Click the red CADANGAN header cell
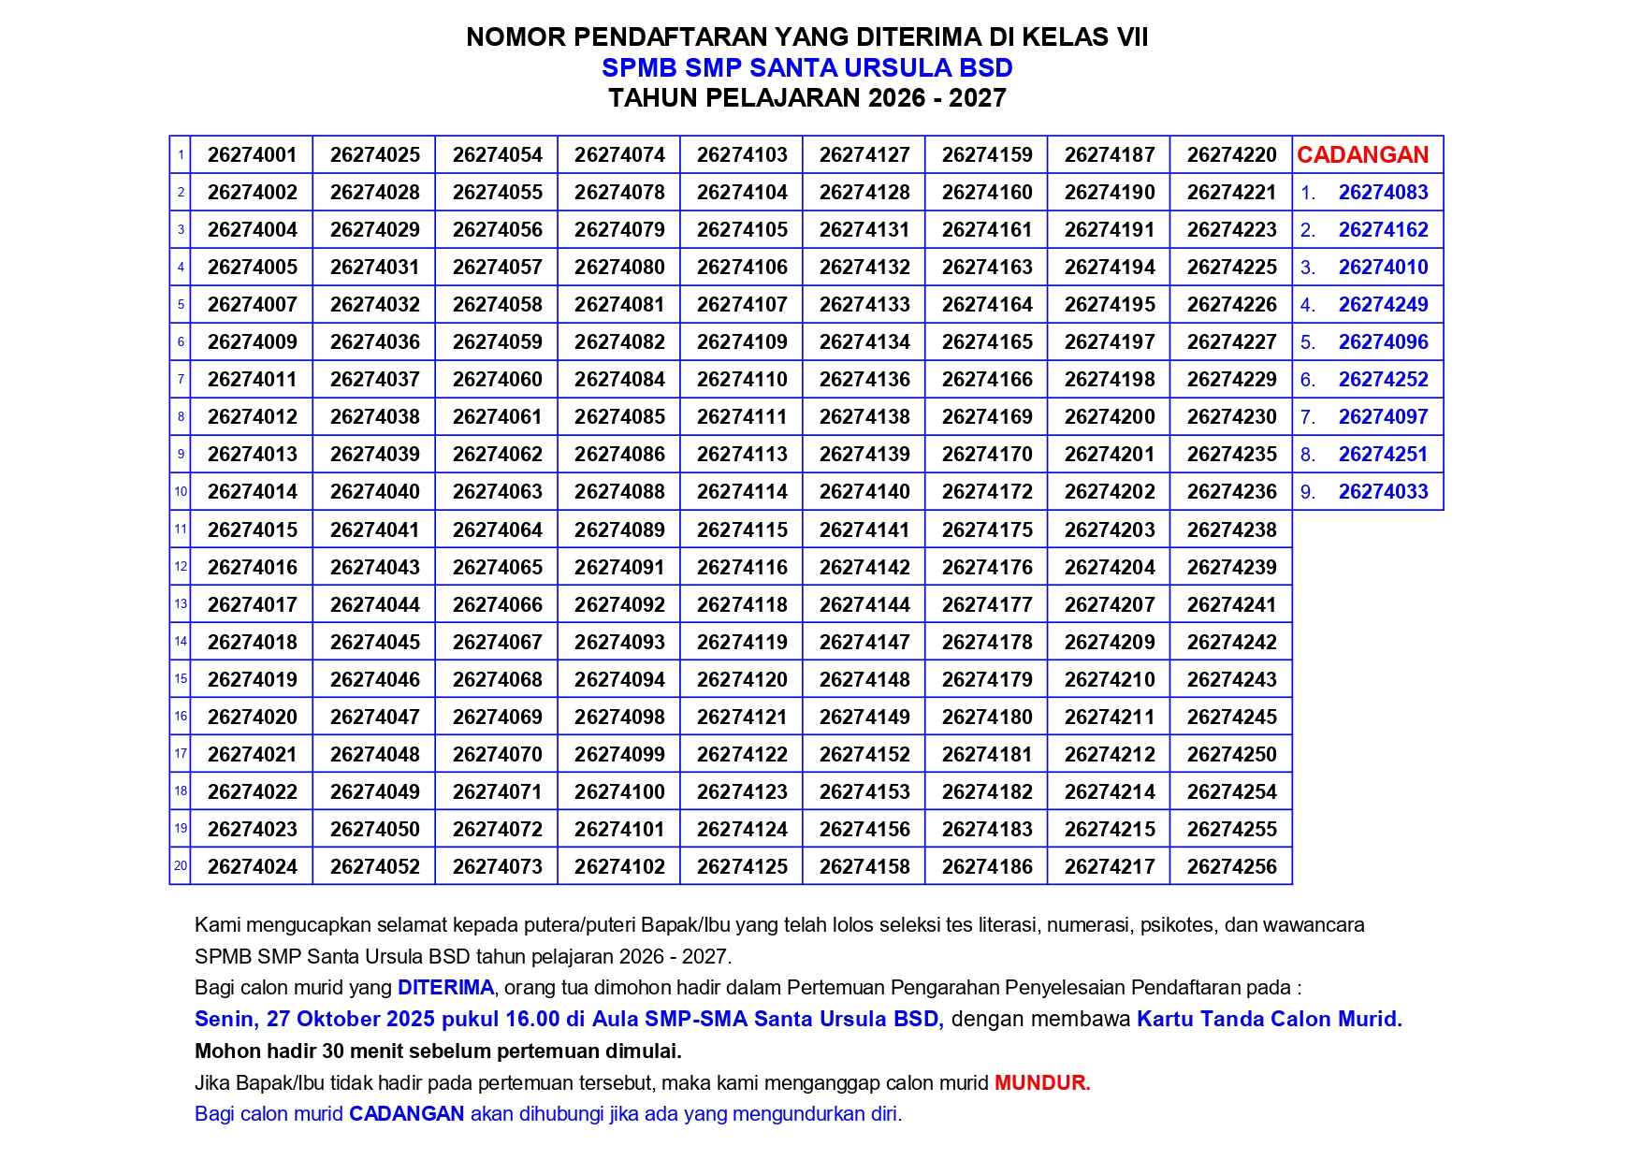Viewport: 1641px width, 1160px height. tap(1362, 155)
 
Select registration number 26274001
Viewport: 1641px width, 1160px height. tap(252, 155)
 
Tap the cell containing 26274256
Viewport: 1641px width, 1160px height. tap(1231, 867)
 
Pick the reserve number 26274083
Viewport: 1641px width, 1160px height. tap(1383, 193)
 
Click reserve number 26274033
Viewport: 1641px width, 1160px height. tap(1383, 492)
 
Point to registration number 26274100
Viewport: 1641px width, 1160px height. tap(619, 792)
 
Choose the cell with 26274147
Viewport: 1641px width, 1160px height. tap(864, 643)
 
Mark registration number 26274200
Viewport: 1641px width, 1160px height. tap(1110, 417)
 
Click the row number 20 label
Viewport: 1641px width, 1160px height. tap(181, 866)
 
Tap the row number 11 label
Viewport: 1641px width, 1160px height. tap(181, 529)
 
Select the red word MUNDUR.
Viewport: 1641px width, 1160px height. tap(1042, 1083)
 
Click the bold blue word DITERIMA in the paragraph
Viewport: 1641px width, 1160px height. tap(445, 988)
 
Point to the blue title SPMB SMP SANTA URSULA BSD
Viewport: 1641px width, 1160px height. tap(806, 68)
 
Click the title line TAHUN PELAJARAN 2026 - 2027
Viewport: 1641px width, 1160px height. tap(806, 98)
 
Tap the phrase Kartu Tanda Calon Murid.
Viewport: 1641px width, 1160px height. tap(1269, 1020)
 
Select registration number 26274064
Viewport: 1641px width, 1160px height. tap(497, 530)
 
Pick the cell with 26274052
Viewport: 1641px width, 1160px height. tap(374, 867)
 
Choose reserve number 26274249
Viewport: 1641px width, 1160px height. tap(1383, 305)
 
